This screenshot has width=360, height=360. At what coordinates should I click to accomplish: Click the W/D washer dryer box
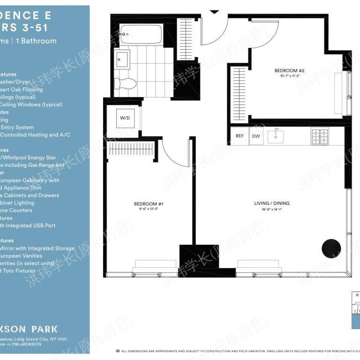(x=125, y=119)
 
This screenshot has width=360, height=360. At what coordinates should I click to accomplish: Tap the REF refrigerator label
(x=240, y=136)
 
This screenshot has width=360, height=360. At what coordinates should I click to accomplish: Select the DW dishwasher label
(x=256, y=136)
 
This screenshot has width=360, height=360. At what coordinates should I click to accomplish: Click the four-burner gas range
(x=320, y=136)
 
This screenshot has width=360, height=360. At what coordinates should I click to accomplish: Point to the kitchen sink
(x=277, y=136)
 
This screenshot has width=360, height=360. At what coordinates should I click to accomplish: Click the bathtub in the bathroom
(x=141, y=34)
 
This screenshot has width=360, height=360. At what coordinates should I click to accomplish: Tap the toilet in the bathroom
(x=125, y=84)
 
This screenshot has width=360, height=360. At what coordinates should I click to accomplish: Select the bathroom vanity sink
(x=122, y=60)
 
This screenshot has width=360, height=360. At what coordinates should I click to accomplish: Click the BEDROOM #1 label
(x=148, y=204)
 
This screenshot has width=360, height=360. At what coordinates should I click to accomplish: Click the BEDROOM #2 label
(x=290, y=71)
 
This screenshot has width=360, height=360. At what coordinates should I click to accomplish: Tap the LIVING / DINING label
(x=271, y=203)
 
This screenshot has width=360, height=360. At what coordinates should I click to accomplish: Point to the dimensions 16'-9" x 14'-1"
(x=271, y=210)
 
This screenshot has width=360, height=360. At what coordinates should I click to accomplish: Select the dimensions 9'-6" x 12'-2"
(x=148, y=210)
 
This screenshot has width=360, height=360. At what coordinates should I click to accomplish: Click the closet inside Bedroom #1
(x=131, y=149)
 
